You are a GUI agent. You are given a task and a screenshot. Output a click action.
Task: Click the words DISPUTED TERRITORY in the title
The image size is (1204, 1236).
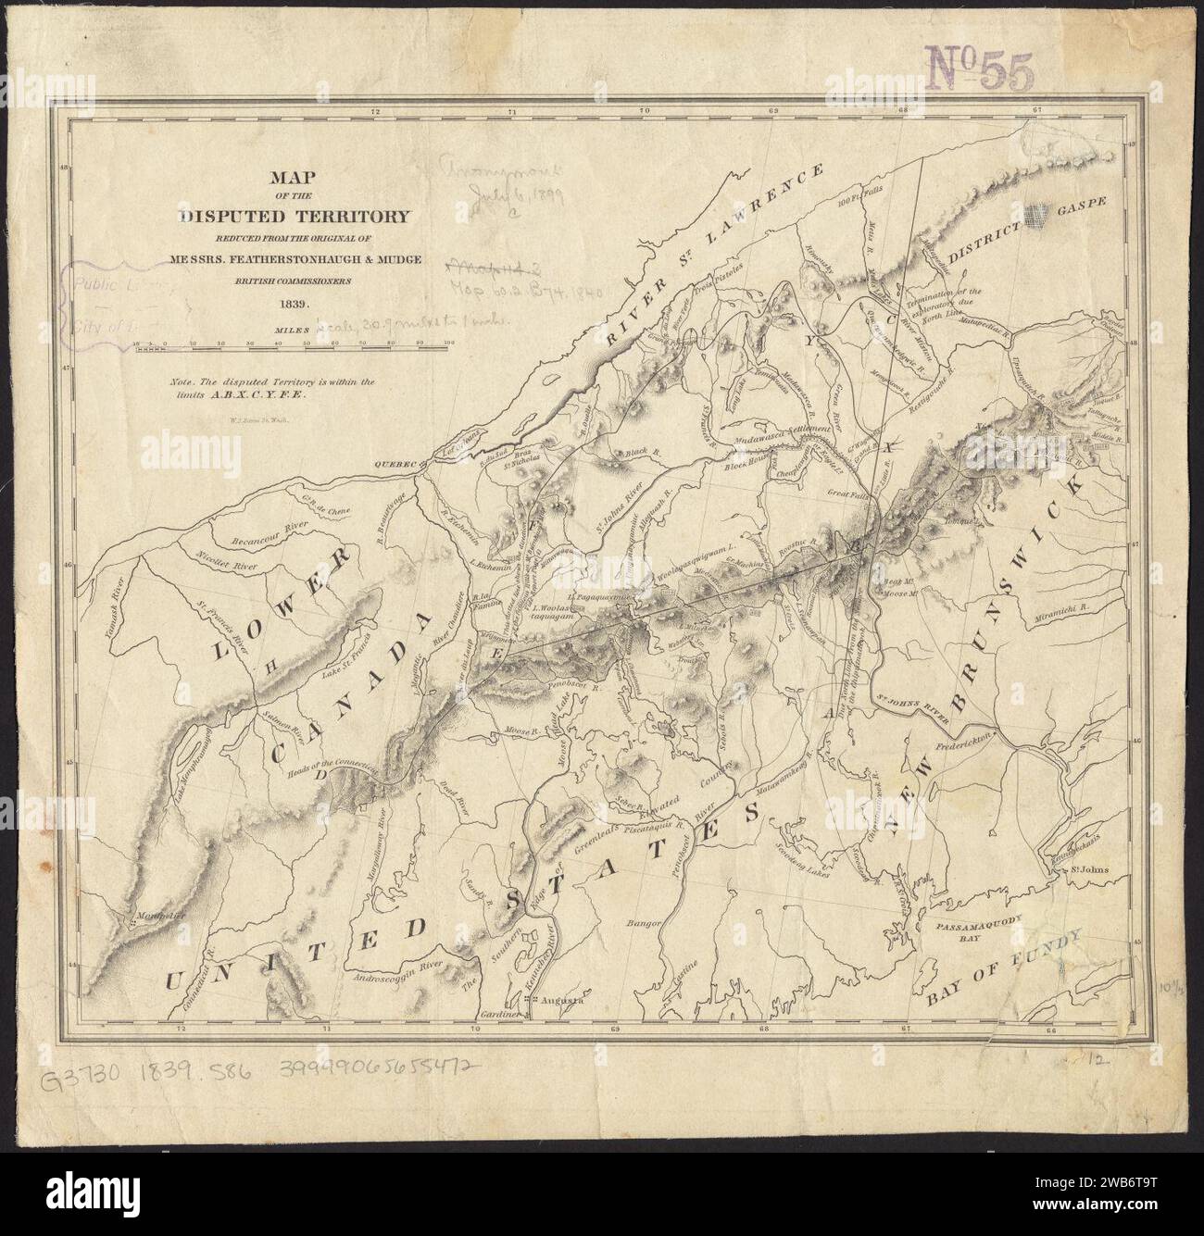[x=295, y=217]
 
